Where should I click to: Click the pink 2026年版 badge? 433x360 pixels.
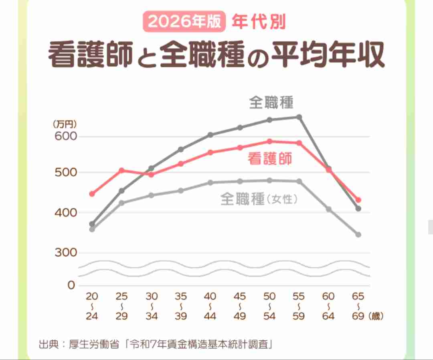point(185,22)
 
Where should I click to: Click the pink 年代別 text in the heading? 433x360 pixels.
point(259,22)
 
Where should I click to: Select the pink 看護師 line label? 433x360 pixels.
point(270,159)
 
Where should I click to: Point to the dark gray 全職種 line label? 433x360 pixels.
point(271,103)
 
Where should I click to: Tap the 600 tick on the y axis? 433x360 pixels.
point(65,136)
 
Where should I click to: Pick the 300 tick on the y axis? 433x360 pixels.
point(65,253)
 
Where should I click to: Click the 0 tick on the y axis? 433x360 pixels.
point(71,285)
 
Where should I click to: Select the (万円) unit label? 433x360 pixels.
point(65,124)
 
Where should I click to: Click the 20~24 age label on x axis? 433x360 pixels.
point(92,306)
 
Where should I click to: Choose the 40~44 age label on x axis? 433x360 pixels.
point(210,306)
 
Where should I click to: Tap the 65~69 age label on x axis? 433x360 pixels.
point(358,306)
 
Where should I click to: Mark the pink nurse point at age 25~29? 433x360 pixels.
point(121,171)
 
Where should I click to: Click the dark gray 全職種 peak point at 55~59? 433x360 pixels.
point(299,117)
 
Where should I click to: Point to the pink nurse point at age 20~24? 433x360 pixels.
point(92,194)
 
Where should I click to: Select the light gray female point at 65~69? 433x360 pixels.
point(358,234)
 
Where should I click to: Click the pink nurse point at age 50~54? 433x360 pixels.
point(269,141)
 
